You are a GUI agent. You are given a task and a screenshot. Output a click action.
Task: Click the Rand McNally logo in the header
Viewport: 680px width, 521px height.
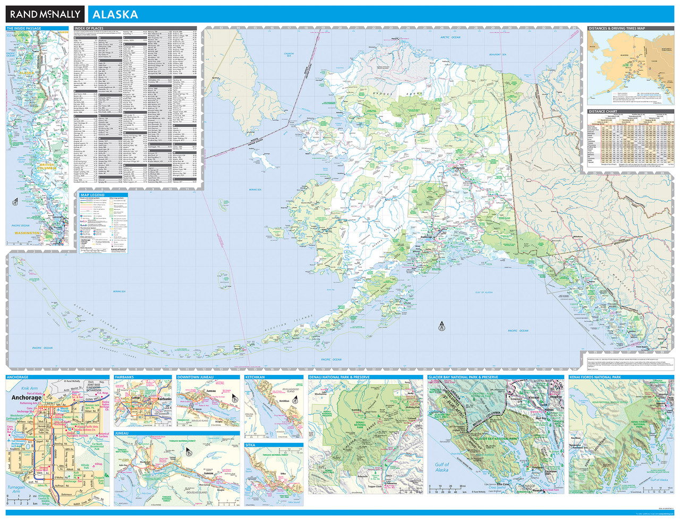pos(45,14)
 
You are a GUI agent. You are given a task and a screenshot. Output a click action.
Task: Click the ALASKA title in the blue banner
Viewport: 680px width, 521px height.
pos(115,14)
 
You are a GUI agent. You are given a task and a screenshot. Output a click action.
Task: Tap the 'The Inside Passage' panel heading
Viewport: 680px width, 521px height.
pos(23,29)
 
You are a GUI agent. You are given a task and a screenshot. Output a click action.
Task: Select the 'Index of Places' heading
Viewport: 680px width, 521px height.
pos(89,29)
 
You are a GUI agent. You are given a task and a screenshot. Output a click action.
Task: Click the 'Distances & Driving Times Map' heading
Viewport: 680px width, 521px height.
pos(617,29)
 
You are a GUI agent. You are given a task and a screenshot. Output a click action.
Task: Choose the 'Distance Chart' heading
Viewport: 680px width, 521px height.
pos(603,112)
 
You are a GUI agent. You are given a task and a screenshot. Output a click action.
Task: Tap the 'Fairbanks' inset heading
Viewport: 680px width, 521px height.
pos(125,377)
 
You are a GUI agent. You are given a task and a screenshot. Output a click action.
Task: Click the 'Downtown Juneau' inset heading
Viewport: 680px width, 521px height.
pos(195,377)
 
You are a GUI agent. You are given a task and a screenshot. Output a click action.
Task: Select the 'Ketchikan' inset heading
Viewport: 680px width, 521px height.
pos(255,377)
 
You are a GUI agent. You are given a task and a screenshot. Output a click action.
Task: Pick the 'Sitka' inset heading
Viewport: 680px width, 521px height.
pos(250,445)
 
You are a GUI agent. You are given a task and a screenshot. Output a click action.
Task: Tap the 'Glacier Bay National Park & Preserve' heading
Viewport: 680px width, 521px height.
pos(463,377)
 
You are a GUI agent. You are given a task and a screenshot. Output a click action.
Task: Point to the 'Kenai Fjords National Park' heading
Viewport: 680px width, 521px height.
pos(595,377)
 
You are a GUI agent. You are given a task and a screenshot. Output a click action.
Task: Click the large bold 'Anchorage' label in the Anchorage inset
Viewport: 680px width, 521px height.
pos(26,397)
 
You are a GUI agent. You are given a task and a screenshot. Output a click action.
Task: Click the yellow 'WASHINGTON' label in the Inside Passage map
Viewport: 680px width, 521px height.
pos(27,233)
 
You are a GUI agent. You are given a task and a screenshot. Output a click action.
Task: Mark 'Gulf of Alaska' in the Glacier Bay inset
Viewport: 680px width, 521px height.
pos(441,467)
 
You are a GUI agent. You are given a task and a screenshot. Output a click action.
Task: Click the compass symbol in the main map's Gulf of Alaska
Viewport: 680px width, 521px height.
pos(441,326)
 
